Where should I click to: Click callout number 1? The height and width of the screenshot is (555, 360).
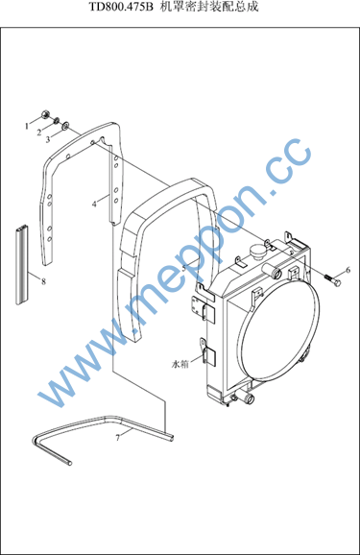point(27,126)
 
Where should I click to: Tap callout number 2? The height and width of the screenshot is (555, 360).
point(39,133)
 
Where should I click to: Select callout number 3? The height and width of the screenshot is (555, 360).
point(48,139)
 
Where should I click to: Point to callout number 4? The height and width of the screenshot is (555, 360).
point(94,205)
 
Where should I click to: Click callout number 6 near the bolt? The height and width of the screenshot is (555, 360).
point(348,270)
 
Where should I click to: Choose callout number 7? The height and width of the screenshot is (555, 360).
point(118,438)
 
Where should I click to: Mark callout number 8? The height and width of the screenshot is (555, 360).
point(43,281)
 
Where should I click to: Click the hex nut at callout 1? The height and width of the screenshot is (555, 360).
point(45,114)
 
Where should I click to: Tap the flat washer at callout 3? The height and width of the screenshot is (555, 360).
point(65,126)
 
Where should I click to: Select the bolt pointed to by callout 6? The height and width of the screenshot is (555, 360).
point(333,279)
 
